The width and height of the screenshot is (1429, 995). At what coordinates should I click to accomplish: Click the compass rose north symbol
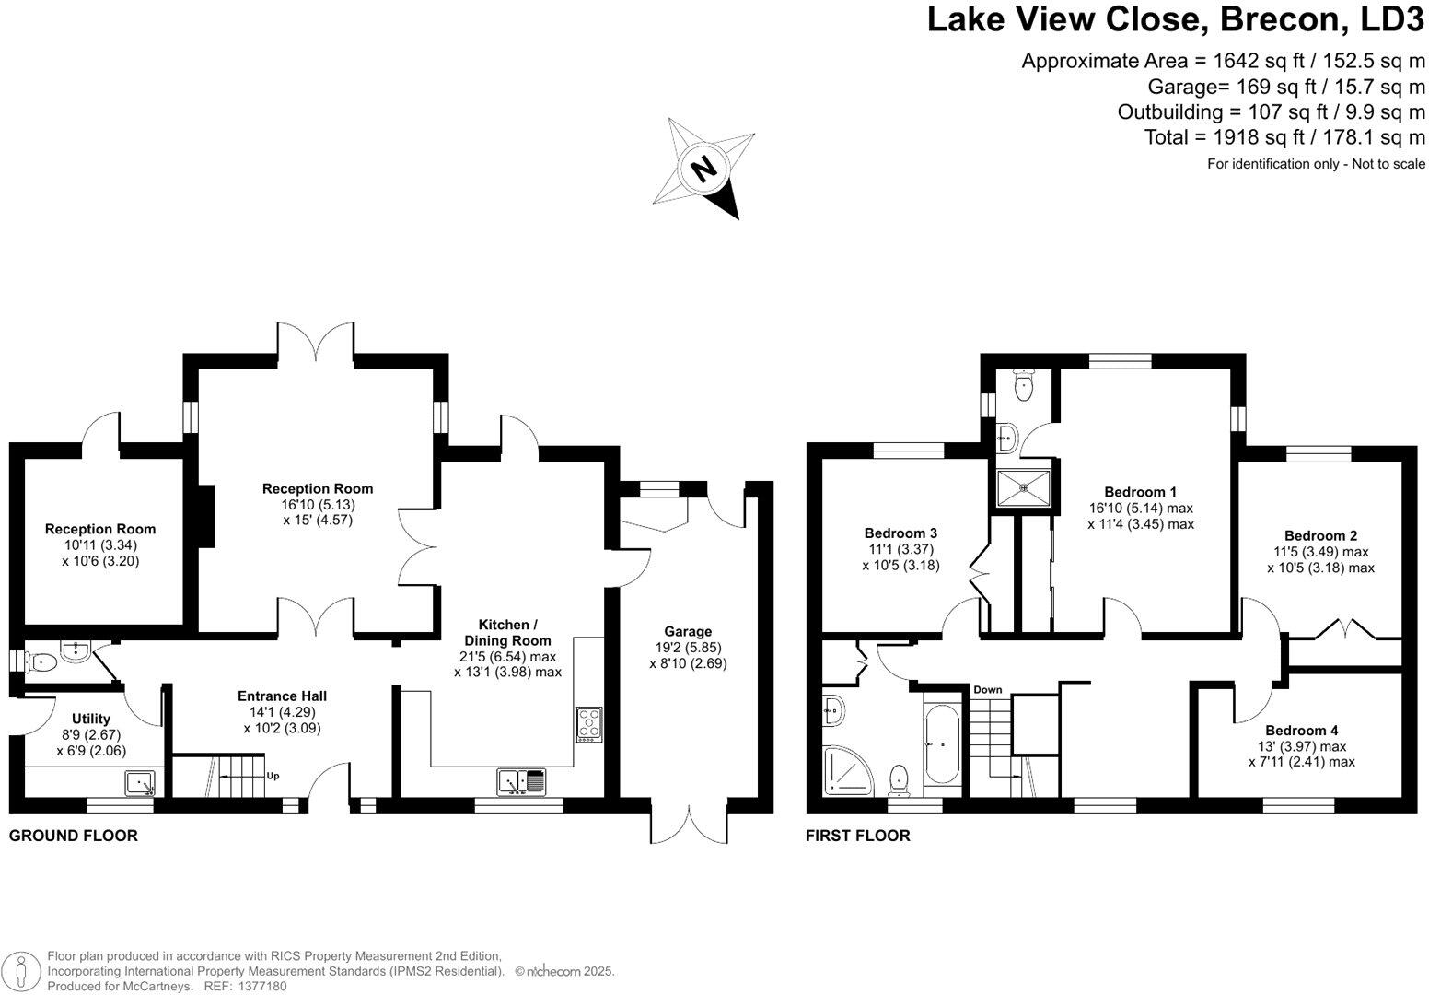click(704, 168)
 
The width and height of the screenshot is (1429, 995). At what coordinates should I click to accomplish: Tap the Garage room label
click(688, 631)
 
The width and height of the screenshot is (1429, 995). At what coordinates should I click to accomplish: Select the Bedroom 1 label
click(1141, 492)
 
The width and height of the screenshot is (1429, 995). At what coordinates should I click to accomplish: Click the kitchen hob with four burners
click(588, 724)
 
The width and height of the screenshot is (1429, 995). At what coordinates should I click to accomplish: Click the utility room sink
click(141, 783)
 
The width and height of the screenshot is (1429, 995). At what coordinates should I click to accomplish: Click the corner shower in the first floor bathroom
click(844, 770)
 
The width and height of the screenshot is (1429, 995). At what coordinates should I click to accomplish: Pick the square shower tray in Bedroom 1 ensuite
click(1023, 487)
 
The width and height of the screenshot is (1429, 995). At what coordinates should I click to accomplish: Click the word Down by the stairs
click(988, 690)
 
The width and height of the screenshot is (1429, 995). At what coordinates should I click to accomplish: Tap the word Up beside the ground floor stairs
click(273, 776)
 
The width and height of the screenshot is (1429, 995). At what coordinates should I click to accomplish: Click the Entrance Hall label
click(282, 696)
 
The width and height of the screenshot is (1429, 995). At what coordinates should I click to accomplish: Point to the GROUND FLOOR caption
click(74, 836)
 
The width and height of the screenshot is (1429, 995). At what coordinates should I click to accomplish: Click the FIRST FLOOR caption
click(857, 836)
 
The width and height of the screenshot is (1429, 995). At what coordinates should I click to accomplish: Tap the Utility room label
click(91, 719)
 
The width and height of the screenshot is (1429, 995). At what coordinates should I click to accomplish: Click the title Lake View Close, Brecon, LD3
click(1175, 20)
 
